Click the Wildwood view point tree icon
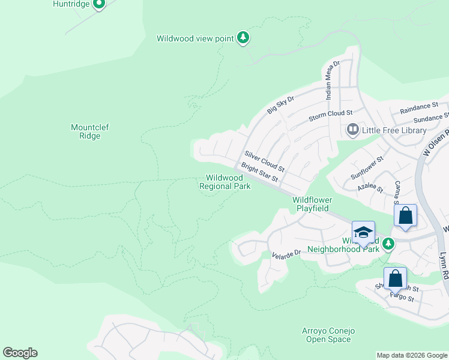[243, 38]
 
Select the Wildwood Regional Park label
[224, 182]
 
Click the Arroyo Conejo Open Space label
[328, 335]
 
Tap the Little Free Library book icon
[352, 130]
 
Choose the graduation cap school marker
[363, 232]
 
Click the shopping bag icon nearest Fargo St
[395, 278]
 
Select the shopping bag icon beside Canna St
[406, 215]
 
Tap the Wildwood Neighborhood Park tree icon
[388, 243]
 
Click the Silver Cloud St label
[264, 161]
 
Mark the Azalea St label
[370, 187]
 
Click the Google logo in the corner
[20, 352]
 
